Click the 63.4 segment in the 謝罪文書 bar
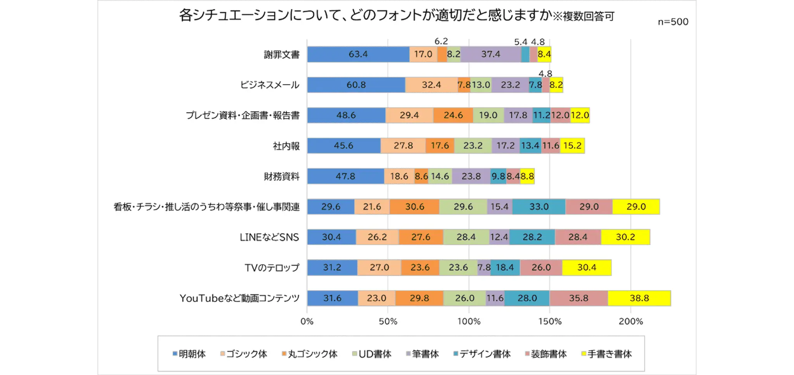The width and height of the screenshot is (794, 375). pos(358,54)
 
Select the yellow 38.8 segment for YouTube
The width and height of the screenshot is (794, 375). pos(639,298)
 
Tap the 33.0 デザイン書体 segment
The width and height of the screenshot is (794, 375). pos(539,207)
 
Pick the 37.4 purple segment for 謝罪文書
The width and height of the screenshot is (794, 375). pos(491,54)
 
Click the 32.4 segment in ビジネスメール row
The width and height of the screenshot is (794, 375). pos(431,85)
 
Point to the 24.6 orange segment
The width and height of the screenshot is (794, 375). pos(453,115)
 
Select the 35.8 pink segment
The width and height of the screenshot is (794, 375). pos(578,298)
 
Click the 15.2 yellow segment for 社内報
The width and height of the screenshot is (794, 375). pos(572,146)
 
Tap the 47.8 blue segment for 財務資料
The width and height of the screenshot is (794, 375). pos(345,176)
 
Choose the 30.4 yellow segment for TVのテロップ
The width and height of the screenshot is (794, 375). pos(587,268)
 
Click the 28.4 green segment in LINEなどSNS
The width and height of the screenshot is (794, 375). pos(466,237)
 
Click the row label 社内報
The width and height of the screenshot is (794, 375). pos(286,146)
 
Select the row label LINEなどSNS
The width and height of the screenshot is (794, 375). pos(269,237)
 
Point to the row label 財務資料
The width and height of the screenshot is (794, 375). pos(281,177)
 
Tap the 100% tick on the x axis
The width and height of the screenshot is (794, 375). pos(469,321)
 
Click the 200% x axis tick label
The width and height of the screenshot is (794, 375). pos(631,321)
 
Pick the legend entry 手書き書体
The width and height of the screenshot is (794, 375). pos(607,354)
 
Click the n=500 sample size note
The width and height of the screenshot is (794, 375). pos(673,22)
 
